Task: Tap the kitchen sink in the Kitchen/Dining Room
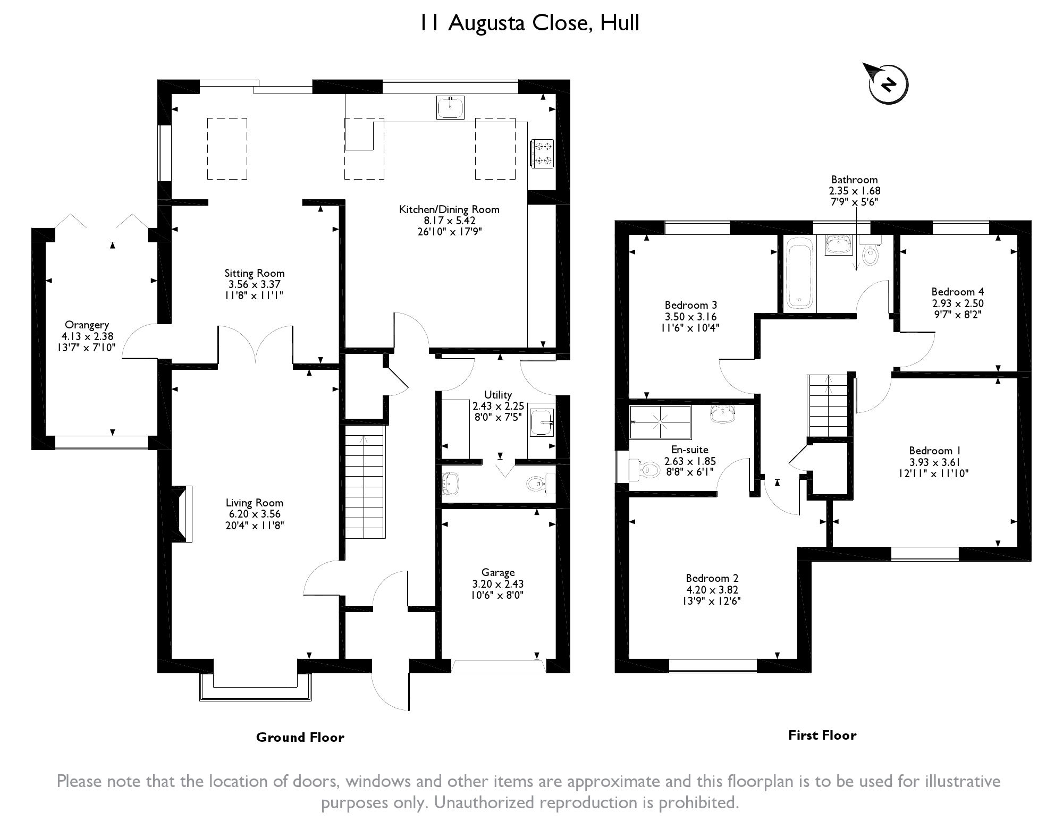(x=450, y=107)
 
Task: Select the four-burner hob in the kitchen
(x=542, y=153)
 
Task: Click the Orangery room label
(x=87, y=325)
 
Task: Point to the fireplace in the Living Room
(x=182, y=514)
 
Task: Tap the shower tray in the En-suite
(x=660, y=422)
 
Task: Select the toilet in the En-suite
(x=645, y=469)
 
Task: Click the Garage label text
(x=498, y=572)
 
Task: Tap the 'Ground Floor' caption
(x=300, y=737)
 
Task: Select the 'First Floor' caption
(x=822, y=735)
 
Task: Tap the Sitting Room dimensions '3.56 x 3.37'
(x=255, y=284)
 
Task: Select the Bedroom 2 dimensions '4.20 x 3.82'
(x=712, y=589)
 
